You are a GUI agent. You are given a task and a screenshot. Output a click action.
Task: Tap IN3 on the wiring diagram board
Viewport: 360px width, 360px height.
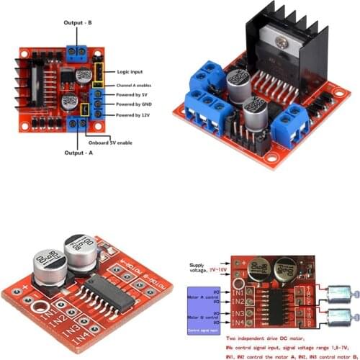click(238, 315)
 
